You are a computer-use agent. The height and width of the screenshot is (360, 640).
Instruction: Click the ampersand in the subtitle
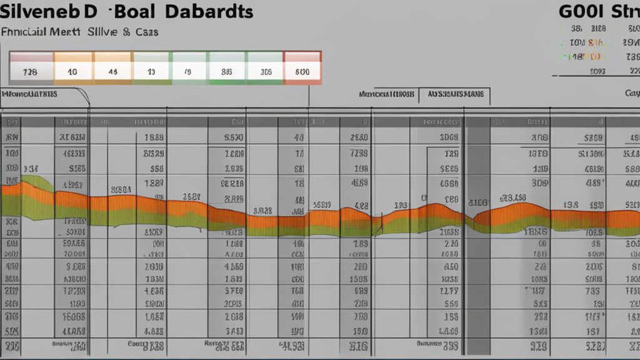coord(126,32)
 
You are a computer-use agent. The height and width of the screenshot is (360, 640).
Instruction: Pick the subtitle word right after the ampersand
coord(146,32)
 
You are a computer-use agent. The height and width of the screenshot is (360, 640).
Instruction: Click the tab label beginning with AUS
coord(455,95)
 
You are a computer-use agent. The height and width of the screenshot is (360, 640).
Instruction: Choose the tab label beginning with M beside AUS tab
coord(387,95)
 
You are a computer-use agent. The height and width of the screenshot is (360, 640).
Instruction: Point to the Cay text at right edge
coord(632,94)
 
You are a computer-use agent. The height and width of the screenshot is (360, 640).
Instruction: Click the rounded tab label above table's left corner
coord(29,94)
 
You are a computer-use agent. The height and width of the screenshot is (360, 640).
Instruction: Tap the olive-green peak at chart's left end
coord(36,182)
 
